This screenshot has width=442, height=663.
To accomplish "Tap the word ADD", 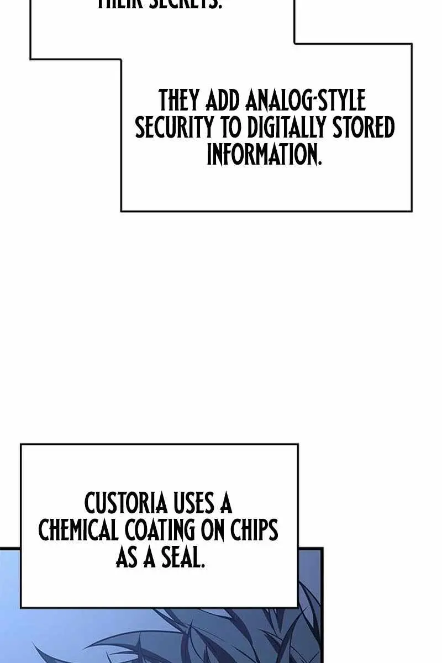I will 224,102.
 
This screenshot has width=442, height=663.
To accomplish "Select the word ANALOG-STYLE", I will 305,102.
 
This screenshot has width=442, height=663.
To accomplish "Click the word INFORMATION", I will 262,155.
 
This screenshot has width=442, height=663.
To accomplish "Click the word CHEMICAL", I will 78,530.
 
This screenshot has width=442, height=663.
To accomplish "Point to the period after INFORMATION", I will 319,164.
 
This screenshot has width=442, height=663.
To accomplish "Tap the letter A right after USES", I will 224,504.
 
